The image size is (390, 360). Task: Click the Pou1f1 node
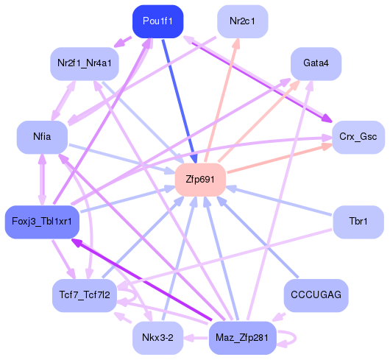[x=158, y=21]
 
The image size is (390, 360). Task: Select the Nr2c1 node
[x=243, y=21]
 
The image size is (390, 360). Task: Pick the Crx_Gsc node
[x=358, y=137]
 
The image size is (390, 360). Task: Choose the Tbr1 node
[x=358, y=222]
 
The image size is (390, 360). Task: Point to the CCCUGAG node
[x=316, y=295]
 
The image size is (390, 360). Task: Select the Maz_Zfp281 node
[x=242, y=338]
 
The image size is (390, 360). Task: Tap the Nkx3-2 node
[x=157, y=338]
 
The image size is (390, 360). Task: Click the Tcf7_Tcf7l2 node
[x=85, y=295]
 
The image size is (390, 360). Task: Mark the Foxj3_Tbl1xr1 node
[x=41, y=222]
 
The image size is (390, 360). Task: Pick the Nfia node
[x=42, y=137]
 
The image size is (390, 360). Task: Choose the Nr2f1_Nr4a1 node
[x=84, y=63]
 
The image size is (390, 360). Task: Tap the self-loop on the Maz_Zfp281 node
[x=290, y=339]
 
